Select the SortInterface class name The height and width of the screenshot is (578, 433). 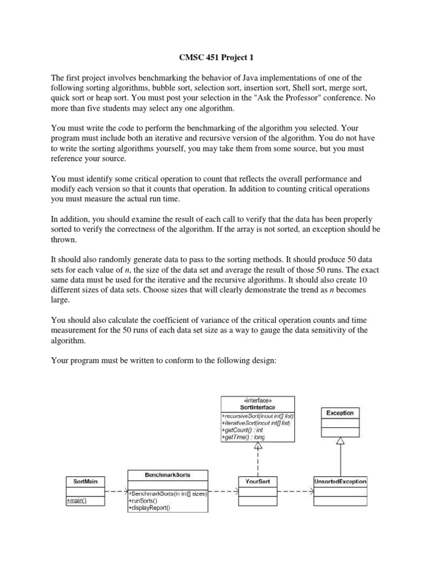coord(258,407)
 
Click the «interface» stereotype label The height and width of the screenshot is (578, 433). coord(258,400)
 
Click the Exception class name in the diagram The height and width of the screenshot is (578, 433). coord(340,413)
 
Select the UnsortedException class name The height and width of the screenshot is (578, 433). coord(340,481)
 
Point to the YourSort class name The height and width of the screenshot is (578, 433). coord(258,481)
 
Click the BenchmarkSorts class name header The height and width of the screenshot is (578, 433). coord(169,475)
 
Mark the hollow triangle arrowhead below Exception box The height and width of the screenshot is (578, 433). coord(340,444)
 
